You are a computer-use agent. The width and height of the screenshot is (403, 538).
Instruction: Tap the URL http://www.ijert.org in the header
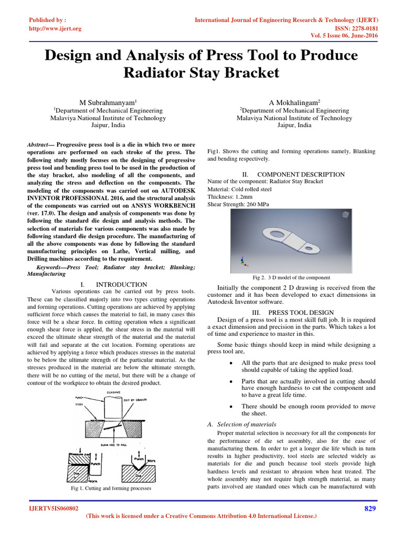pos(55,28)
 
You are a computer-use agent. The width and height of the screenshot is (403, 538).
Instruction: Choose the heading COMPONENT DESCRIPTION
pos(301,174)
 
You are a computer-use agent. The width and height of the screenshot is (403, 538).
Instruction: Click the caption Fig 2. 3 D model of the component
pos(291,277)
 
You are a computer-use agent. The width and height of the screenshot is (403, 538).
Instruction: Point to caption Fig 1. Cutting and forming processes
pos(111,488)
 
